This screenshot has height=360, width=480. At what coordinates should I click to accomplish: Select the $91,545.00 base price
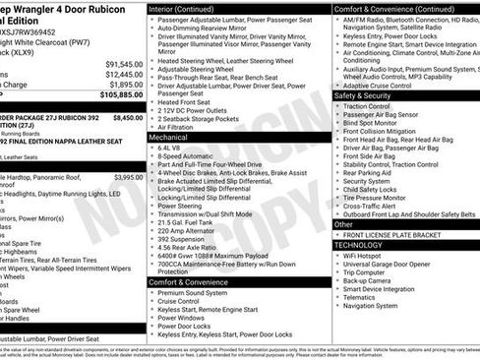click(x=123, y=63)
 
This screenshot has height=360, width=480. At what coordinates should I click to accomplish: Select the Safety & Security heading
click(x=363, y=95)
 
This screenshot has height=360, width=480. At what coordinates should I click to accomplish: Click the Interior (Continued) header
click(x=189, y=9)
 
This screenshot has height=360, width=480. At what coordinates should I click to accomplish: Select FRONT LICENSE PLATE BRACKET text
click(x=393, y=234)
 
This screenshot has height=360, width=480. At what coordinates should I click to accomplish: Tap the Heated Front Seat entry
click(x=184, y=102)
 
